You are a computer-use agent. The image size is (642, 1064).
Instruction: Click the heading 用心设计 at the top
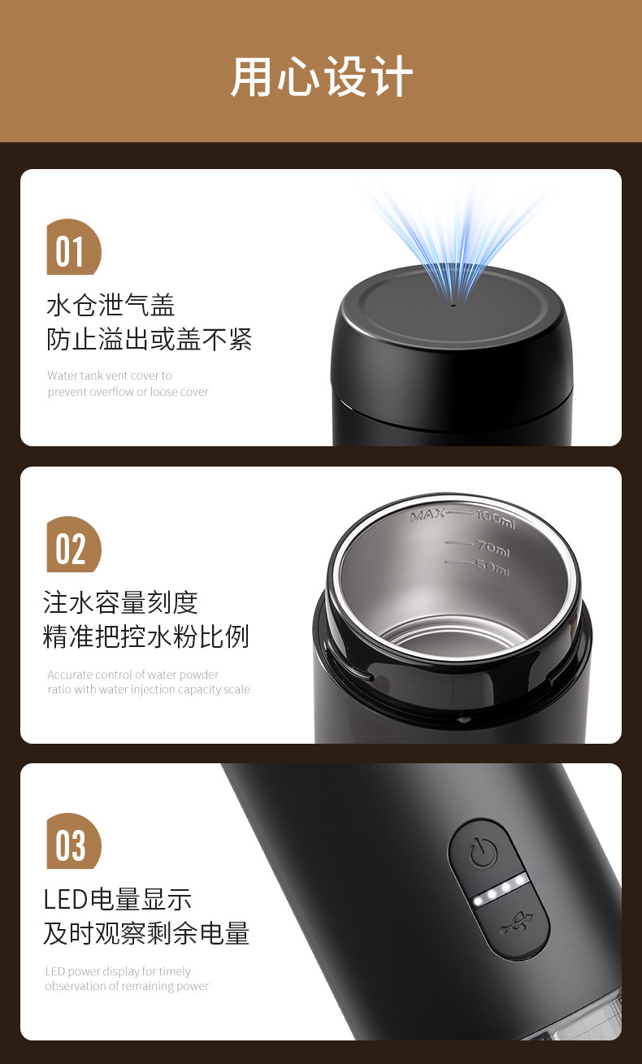pos(322,76)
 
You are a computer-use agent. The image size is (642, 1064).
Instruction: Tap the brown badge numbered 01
pos(74,246)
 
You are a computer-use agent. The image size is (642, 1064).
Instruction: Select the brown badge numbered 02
pos(74,545)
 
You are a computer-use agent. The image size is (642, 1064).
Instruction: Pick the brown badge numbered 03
pos(74,841)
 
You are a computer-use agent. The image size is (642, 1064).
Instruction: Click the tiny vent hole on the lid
pos(453,306)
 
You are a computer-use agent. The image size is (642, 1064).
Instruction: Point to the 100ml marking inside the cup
pos(496,519)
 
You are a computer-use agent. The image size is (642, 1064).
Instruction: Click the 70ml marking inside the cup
pos(493,549)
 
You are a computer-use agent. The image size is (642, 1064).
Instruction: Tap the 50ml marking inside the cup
pos(492,567)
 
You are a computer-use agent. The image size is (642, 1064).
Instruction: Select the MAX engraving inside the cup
pos(428,515)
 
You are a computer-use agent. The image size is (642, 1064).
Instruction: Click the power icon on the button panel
pos(483,852)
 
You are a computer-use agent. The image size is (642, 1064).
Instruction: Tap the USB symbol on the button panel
pos(516,924)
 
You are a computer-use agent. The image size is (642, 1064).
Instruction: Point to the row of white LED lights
pos(500,890)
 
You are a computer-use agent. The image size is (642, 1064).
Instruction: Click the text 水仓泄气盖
pos(111,305)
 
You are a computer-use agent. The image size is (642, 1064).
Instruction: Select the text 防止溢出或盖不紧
pos(149,339)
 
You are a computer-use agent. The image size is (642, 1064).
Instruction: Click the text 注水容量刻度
pos(120,602)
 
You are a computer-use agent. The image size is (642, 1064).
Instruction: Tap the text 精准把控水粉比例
pos(146,636)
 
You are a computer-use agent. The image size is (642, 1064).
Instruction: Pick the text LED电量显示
pos(118,899)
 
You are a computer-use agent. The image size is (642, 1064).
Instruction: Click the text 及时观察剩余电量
pos(146,933)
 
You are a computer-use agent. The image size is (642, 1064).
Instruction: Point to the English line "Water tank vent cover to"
pos(110,376)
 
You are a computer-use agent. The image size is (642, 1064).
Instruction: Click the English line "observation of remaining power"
pos(127,986)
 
